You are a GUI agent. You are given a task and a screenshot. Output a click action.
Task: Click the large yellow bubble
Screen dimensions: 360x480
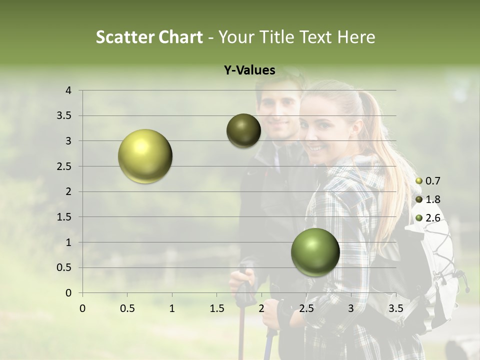(145, 156)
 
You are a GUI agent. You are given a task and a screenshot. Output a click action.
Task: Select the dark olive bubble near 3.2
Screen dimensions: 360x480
(243, 130)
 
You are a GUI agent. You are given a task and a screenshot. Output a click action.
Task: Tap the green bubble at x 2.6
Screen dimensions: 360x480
(315, 252)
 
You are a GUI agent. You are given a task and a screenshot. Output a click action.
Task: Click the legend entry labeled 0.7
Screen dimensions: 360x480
(429, 181)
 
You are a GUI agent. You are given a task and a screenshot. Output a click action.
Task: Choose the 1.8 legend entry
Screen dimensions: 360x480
(429, 199)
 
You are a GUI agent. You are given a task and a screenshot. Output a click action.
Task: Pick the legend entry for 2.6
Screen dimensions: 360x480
(429, 217)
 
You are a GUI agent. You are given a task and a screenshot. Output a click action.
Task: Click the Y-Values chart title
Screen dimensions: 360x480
(249, 70)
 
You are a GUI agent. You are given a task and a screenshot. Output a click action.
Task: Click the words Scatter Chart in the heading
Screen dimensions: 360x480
(149, 37)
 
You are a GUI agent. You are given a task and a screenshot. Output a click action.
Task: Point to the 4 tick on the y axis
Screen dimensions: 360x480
(68, 90)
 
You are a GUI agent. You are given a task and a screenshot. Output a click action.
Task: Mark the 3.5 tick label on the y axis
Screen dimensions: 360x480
(64, 116)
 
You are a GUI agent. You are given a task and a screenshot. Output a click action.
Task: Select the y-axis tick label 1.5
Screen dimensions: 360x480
(64, 217)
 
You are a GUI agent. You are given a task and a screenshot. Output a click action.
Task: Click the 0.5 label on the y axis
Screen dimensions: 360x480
(64, 267)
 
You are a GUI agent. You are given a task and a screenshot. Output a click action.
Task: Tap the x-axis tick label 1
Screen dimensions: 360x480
(172, 308)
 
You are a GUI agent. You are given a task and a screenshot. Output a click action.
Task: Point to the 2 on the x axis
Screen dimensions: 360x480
(261, 308)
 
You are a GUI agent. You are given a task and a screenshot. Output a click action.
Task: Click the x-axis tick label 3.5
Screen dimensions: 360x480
(395, 308)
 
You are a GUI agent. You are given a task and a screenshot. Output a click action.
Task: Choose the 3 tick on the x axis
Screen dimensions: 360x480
(350, 308)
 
